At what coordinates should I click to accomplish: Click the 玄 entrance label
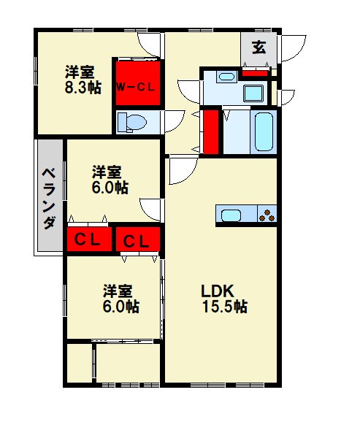click(258, 47)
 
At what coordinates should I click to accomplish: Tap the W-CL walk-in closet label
click(135, 88)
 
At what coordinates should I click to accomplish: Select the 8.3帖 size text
click(83, 88)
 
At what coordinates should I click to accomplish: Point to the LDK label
click(218, 291)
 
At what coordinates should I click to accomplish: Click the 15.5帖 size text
click(225, 306)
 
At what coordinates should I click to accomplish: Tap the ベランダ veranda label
click(49, 198)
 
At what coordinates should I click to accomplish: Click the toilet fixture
click(131, 122)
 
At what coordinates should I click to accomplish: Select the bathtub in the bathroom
click(264, 131)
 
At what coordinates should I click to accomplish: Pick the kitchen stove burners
click(267, 215)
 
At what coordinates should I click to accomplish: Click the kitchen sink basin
click(231, 215)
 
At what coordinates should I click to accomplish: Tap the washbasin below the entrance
click(226, 76)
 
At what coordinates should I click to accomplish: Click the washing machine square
click(253, 93)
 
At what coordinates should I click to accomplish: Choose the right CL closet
click(138, 240)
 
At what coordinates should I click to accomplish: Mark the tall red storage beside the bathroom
click(211, 131)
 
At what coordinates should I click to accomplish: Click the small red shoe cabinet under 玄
click(255, 73)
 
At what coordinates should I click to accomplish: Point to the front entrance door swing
click(294, 48)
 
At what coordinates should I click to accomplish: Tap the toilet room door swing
click(175, 121)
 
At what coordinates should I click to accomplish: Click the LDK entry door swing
click(183, 170)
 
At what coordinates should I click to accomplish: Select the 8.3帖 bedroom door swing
click(149, 45)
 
